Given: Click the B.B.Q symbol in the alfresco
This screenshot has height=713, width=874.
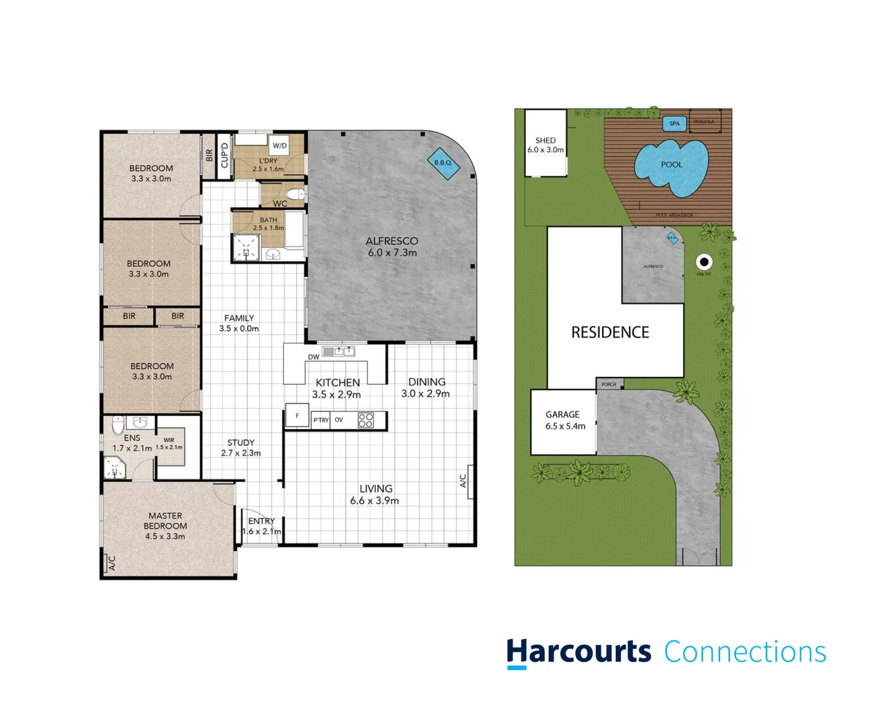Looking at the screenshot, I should [443, 163].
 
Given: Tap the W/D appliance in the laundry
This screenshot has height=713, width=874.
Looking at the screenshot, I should [279, 145].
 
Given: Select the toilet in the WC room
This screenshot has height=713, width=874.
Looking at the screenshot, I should [297, 194].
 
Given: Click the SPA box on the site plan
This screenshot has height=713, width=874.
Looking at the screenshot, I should [674, 123].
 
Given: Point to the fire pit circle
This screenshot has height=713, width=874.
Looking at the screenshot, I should [704, 262].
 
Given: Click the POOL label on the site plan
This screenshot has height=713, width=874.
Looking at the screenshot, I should [671, 164].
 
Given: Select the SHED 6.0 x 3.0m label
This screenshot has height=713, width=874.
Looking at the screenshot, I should [546, 145].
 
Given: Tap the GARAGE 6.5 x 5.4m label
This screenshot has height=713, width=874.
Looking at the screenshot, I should [564, 420].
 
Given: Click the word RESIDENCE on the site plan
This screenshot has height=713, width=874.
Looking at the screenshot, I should [610, 332].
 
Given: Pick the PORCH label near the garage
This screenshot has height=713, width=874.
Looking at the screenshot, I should [608, 384].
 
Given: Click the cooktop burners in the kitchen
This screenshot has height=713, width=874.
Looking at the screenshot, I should [365, 420].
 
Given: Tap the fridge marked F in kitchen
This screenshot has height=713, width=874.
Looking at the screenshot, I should [297, 416].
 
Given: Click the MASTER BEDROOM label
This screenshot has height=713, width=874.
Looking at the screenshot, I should [165, 526].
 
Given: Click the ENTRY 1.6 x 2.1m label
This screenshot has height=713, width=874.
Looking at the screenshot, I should [262, 526].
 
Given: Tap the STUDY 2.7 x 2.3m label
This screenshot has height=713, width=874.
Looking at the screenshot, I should [240, 448].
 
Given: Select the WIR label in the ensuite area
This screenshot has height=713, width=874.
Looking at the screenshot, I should [169, 440].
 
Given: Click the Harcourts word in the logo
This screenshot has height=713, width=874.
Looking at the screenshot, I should [578, 652].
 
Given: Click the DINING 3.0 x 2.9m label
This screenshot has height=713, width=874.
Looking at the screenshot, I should [426, 388].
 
